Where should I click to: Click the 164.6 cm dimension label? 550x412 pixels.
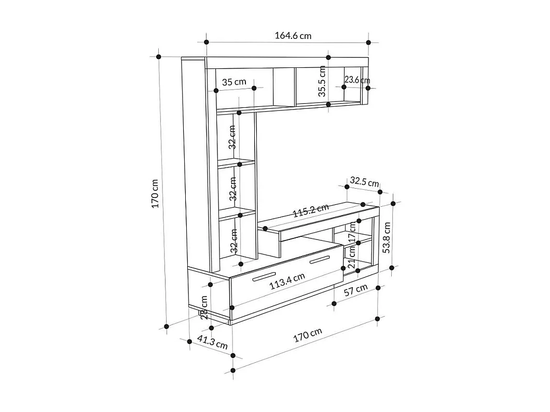(x=293, y=36)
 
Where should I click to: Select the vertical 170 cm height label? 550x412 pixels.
(x=155, y=193)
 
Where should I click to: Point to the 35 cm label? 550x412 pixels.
(x=234, y=82)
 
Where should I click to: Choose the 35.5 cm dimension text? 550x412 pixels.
(x=322, y=81)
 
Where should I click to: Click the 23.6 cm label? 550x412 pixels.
(x=357, y=80)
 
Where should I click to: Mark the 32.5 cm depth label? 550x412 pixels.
(x=364, y=181)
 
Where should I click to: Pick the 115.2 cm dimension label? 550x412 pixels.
(x=311, y=210)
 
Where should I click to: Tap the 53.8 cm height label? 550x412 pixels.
(x=387, y=236)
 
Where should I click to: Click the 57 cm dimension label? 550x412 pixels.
(x=356, y=291)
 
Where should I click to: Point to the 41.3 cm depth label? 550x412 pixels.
(x=213, y=343)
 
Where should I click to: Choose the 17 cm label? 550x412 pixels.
(x=352, y=232)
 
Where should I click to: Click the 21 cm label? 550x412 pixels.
(x=352, y=257)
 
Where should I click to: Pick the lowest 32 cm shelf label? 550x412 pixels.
(x=234, y=240)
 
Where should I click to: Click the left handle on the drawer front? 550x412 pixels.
(x=264, y=277)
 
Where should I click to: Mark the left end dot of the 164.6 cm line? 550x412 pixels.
(x=207, y=42)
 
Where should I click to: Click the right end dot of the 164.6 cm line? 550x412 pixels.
(x=368, y=42)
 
